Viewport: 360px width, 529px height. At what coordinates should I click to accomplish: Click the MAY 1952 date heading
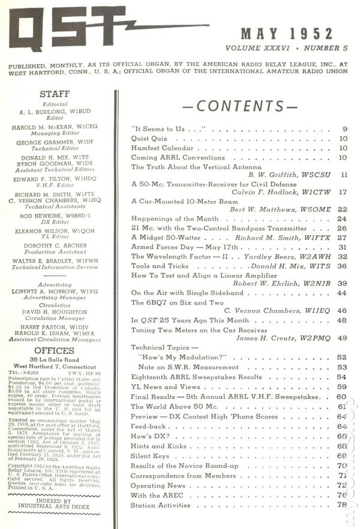[287, 34]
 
